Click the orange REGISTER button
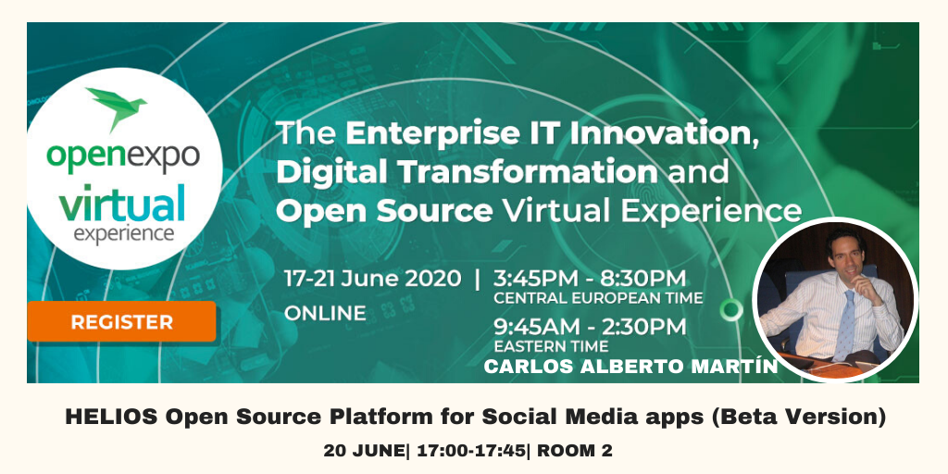coord(121,321)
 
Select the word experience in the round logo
coord(124,234)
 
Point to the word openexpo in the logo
coord(123,156)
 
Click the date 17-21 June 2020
coord(372,279)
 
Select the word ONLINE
coord(325,313)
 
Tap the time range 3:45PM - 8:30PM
coord(590,279)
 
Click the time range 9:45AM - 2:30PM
coord(590,327)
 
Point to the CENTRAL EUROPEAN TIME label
coord(599,298)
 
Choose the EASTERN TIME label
coord(552,346)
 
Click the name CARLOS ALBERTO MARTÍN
coord(630,367)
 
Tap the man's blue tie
coord(846,325)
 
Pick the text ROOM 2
coord(575,451)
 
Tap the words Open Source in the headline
coord(384,211)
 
